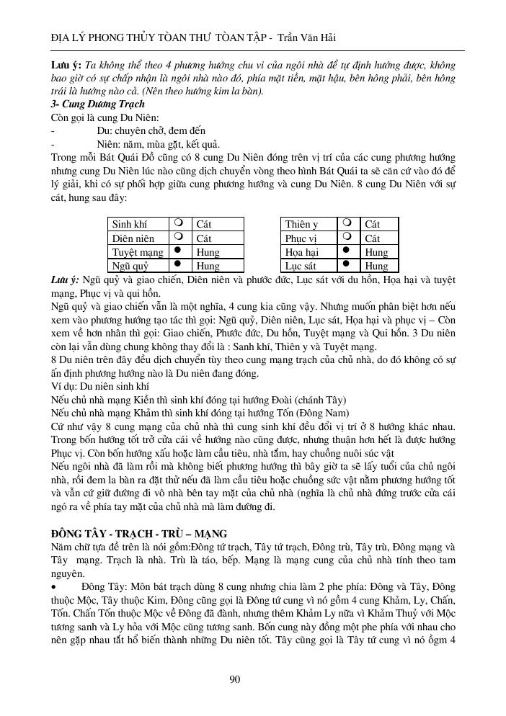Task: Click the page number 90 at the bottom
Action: (x=234, y=678)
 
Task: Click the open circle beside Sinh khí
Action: (x=178, y=223)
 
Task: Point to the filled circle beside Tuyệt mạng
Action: (x=178, y=251)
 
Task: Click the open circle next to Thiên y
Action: (x=348, y=223)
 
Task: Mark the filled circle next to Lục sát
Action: (x=348, y=264)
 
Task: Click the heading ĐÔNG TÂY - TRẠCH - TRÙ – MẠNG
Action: (x=139, y=533)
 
